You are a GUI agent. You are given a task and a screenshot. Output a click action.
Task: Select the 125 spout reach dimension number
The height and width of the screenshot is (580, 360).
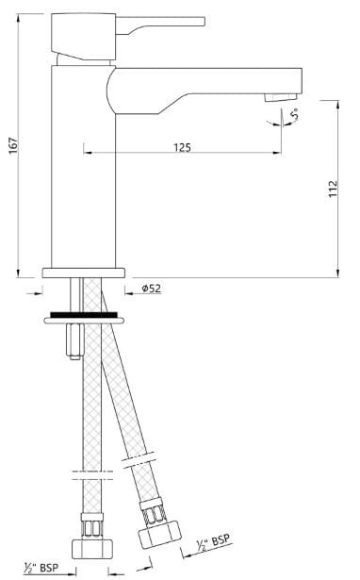click(183, 148)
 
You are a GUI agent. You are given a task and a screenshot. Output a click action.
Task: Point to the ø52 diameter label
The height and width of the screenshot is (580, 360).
click(151, 289)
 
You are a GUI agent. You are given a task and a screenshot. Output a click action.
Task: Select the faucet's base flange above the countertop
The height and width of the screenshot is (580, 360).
click(85, 273)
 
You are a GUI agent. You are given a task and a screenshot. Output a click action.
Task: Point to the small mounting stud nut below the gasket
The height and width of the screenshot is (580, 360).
click(71, 340)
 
